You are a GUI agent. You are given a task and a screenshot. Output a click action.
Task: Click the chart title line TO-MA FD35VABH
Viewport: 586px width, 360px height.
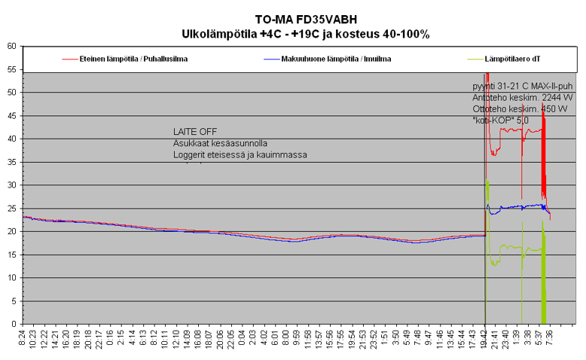pos(305,20)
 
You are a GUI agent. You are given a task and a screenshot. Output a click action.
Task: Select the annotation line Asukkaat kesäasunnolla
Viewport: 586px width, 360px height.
pos(220,143)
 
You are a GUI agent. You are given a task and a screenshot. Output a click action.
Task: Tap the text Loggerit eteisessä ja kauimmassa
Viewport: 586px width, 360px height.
pos(240,155)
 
